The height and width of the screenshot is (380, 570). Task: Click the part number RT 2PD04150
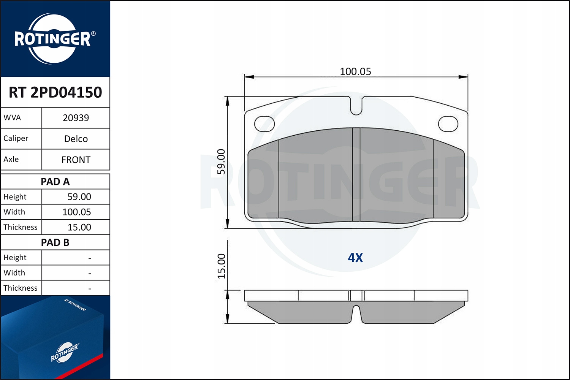(x=55, y=92)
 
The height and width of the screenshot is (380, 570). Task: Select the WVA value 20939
(x=76, y=118)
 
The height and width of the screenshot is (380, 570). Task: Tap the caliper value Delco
(x=76, y=139)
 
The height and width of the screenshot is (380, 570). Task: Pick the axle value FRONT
(x=76, y=160)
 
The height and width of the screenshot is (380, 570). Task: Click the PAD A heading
(x=55, y=182)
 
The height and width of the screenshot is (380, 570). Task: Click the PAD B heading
(x=55, y=242)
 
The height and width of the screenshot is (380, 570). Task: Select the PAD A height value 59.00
(x=79, y=197)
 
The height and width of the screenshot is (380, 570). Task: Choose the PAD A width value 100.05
(x=76, y=212)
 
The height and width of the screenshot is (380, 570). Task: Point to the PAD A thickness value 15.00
(x=79, y=227)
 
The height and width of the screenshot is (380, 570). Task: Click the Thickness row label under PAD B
(x=21, y=288)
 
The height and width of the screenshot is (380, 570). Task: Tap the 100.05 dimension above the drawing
(x=355, y=71)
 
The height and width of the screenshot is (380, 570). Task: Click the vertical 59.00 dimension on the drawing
(x=221, y=162)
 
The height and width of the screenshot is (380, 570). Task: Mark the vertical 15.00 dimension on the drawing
(x=221, y=266)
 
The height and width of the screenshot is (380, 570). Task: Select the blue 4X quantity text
(x=355, y=258)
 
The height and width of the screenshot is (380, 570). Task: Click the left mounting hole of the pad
(x=264, y=123)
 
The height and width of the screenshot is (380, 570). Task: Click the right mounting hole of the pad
(x=448, y=123)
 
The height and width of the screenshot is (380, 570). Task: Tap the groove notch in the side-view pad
(x=356, y=313)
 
